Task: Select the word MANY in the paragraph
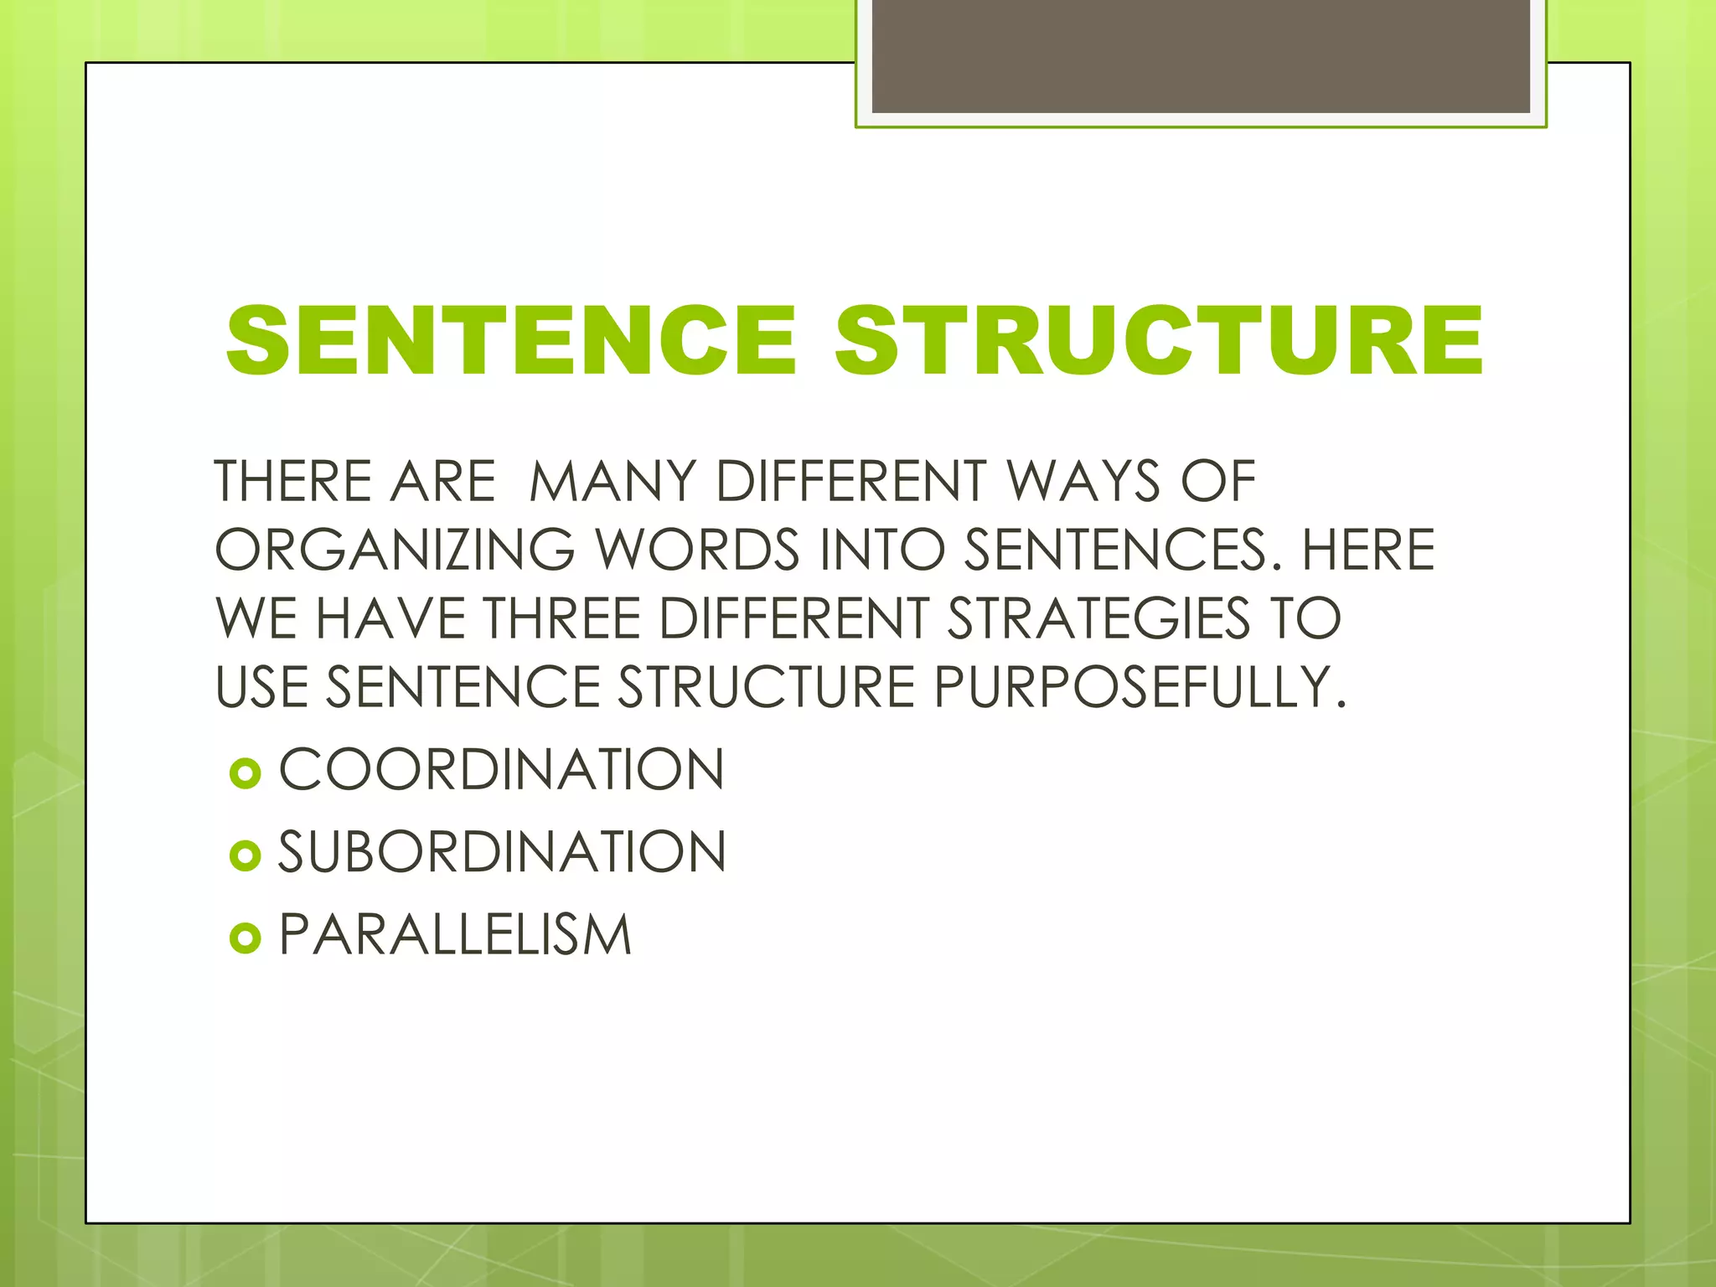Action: (x=612, y=482)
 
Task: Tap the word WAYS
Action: (x=1083, y=482)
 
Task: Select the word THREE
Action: (x=562, y=619)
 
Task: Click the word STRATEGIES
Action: (x=1098, y=619)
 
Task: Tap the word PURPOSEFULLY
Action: (x=1140, y=688)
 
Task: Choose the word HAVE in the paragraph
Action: (x=390, y=619)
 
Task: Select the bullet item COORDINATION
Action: (x=501, y=770)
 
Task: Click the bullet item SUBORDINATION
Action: (x=502, y=853)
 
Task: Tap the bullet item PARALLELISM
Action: (x=455, y=935)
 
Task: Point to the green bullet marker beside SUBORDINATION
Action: (x=245, y=855)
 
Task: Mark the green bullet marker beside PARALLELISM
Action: (x=245, y=938)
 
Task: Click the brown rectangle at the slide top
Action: (x=1200, y=57)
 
